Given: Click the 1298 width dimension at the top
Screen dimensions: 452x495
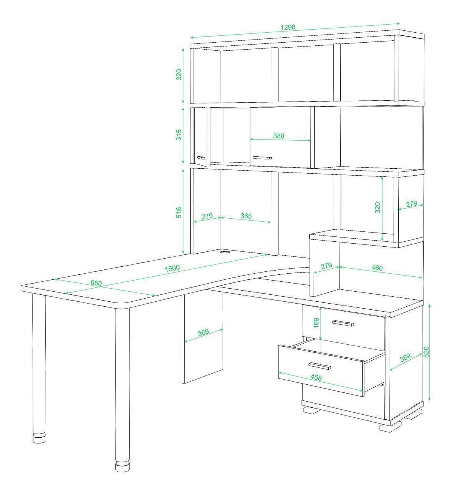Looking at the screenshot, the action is tap(288, 27).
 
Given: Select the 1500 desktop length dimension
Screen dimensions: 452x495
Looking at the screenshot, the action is tap(172, 268).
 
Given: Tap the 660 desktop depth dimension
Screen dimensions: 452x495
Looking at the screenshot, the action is tap(96, 283).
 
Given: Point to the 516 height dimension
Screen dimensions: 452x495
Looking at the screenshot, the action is tap(179, 213).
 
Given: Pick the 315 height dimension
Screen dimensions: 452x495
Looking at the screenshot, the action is tap(179, 135).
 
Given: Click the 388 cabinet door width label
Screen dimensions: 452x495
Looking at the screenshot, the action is tap(279, 136).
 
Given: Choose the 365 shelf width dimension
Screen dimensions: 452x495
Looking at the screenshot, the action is tap(246, 216).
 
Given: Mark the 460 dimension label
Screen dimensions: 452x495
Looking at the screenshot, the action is tap(377, 268).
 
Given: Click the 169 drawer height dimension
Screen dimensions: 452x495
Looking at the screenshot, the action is tap(316, 323).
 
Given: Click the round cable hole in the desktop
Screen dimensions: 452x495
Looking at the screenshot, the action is tap(225, 252).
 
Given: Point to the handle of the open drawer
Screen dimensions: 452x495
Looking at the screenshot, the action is tap(320, 365).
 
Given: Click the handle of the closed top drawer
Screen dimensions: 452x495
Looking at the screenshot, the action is tap(343, 323).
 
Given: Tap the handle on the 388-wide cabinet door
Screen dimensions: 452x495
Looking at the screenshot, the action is tap(262, 158).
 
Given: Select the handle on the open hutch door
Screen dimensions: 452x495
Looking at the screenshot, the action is tap(201, 158).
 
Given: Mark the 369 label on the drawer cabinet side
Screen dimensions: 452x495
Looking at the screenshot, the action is tap(405, 357).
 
